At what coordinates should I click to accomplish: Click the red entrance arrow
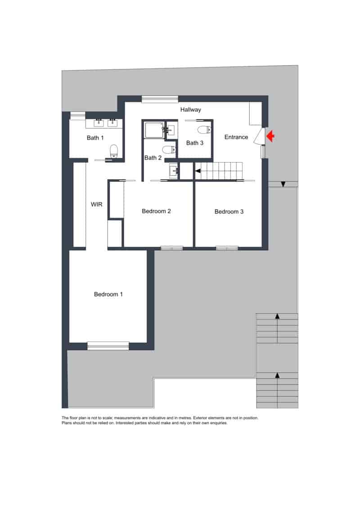(x=270, y=136)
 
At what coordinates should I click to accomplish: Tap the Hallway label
(x=190, y=110)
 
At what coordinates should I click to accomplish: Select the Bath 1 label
(x=95, y=138)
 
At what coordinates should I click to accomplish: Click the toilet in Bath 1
(x=113, y=151)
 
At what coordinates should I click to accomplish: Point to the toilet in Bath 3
(x=204, y=130)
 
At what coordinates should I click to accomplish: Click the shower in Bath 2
(x=154, y=130)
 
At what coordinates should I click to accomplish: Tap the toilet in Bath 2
(x=169, y=150)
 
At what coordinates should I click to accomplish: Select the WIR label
(x=96, y=204)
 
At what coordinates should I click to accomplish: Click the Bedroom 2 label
(x=156, y=212)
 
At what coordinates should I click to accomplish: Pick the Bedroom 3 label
(x=229, y=212)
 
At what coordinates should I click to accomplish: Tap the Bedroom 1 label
(x=108, y=294)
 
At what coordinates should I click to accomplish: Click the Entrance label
(x=236, y=137)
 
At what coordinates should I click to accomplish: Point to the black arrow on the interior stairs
(x=198, y=171)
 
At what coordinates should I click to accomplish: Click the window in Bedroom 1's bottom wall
(x=108, y=346)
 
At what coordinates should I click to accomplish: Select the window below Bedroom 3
(x=227, y=248)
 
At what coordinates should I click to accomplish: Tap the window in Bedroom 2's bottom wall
(x=172, y=248)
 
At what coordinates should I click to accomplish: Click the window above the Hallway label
(x=160, y=99)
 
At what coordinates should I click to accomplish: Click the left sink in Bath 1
(x=99, y=123)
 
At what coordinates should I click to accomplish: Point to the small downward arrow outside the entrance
(x=283, y=185)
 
